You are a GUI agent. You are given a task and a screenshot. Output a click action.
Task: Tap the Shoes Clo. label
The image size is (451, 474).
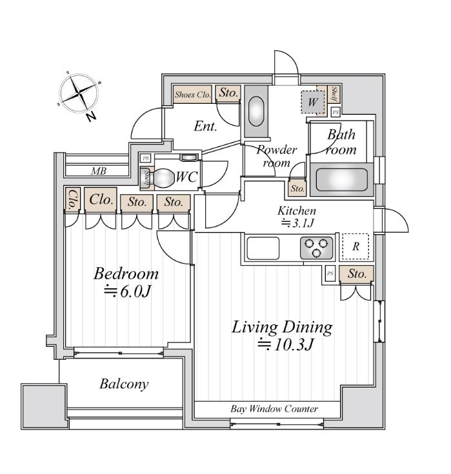pyautogui.click(x=193, y=94)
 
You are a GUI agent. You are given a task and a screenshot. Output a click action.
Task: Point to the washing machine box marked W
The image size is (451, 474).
pyautogui.click(x=313, y=102)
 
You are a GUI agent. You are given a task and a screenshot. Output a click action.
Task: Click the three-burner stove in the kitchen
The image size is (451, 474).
pyautogui.click(x=316, y=248)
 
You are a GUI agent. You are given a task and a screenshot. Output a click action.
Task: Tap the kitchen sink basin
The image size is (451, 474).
pyautogui.click(x=263, y=248)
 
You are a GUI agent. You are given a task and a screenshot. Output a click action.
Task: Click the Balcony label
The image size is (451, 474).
pyautogui.click(x=124, y=384)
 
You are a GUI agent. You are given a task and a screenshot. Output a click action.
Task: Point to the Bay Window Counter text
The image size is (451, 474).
pyautogui.click(x=274, y=409)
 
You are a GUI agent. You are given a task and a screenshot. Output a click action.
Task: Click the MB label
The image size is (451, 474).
pyautogui.click(x=99, y=172)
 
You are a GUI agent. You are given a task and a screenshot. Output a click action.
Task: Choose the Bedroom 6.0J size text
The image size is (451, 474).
pyautogui.click(x=127, y=291)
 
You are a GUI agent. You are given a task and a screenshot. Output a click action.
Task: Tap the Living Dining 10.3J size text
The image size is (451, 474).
pyautogui.click(x=285, y=344)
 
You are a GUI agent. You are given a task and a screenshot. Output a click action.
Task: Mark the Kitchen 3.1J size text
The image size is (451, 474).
pyautogui.click(x=297, y=224)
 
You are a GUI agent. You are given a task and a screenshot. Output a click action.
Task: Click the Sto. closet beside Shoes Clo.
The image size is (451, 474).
pyautogui.click(x=228, y=94)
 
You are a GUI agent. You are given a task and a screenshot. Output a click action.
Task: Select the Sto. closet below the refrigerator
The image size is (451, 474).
pyautogui.click(x=357, y=274)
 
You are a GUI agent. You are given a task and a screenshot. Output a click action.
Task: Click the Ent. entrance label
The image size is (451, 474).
pyautogui.click(x=205, y=126)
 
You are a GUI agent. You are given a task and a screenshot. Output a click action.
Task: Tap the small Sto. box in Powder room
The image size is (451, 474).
pyautogui.click(x=297, y=189)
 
